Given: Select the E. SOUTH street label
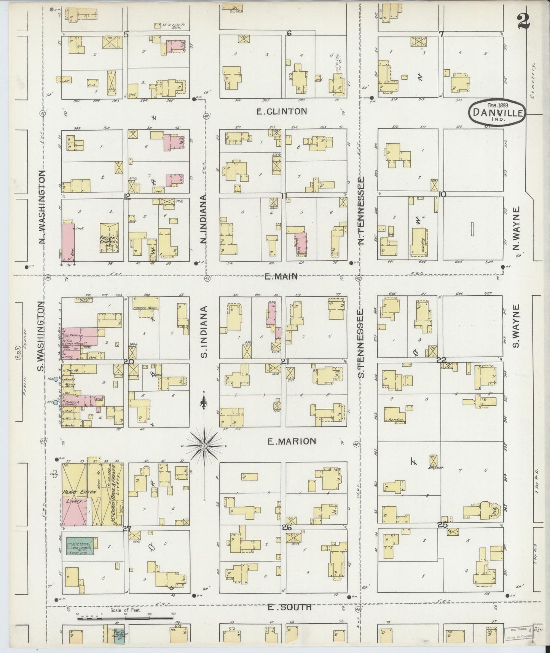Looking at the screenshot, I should pos(289,607).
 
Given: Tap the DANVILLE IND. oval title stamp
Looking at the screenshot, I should pos(497,112).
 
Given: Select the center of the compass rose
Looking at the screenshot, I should pos(205,446).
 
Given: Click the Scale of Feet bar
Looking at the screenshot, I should pos(126,619).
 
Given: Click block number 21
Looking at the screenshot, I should pos(284,360).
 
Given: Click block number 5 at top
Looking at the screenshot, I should pos(126,35).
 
